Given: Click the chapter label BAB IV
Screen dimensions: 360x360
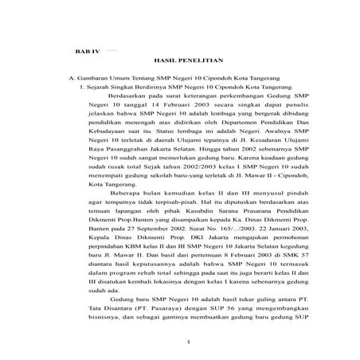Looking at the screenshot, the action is (84, 49).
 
